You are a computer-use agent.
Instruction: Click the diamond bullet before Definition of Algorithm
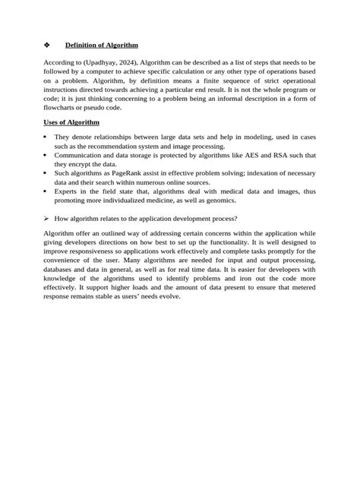tap(46, 45)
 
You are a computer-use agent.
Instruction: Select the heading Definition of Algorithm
tap(101, 45)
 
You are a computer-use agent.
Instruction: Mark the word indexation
tap(264, 173)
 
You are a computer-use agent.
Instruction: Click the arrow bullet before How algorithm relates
tap(46, 218)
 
